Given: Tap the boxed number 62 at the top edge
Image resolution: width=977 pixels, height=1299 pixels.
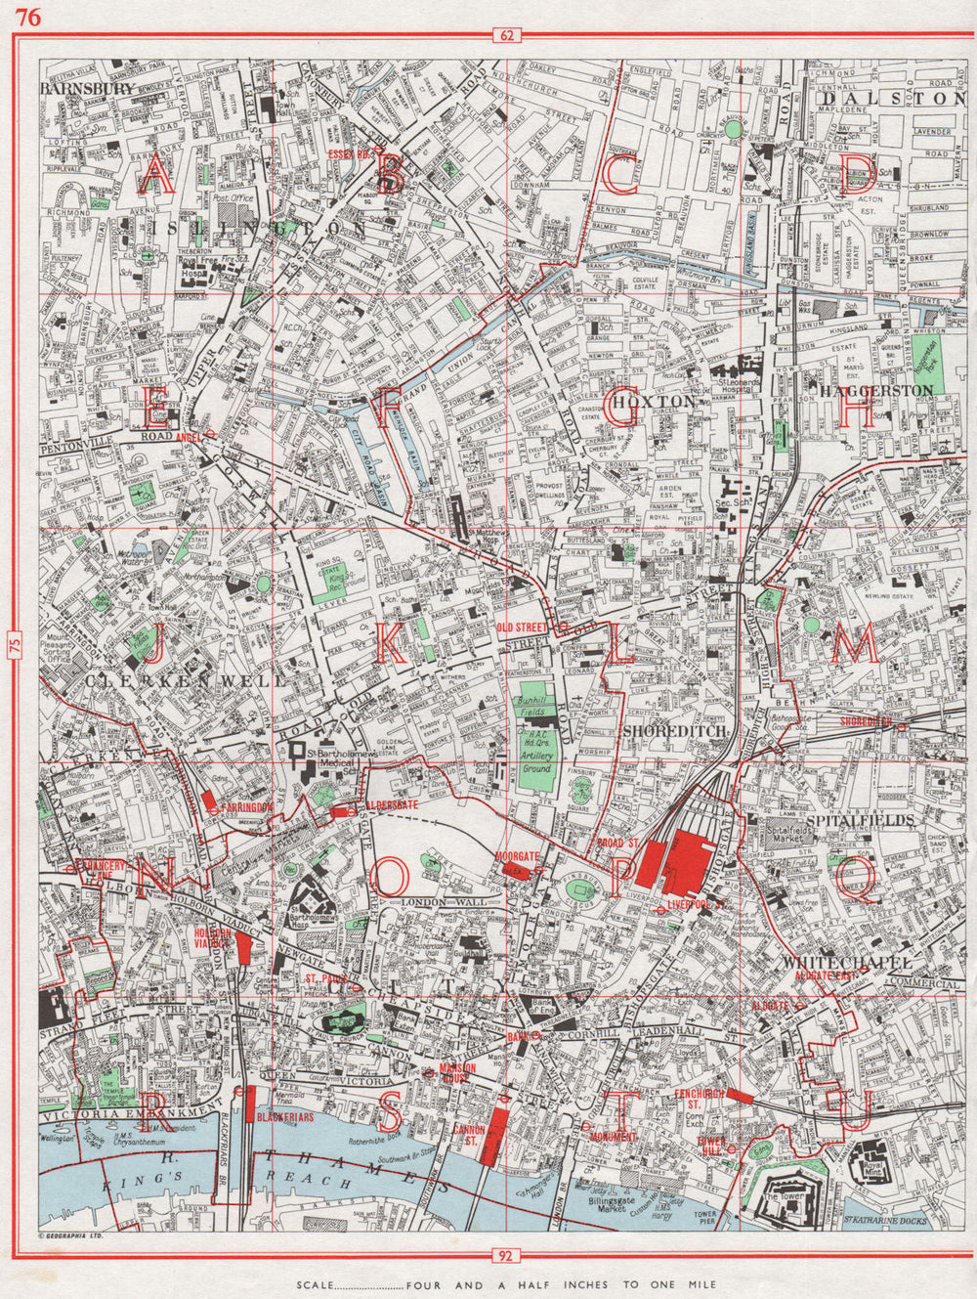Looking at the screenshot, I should [505, 37].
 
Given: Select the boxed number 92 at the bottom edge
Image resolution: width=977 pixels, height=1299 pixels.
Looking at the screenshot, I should [505, 1255].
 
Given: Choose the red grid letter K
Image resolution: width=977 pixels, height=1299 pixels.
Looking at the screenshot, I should [388, 644].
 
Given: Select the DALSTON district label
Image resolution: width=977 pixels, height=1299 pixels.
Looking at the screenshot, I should [893, 99].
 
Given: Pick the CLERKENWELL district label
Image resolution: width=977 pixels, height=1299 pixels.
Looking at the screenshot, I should [186, 678].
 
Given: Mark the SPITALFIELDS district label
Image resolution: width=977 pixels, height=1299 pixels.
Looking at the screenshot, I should [860, 820].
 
